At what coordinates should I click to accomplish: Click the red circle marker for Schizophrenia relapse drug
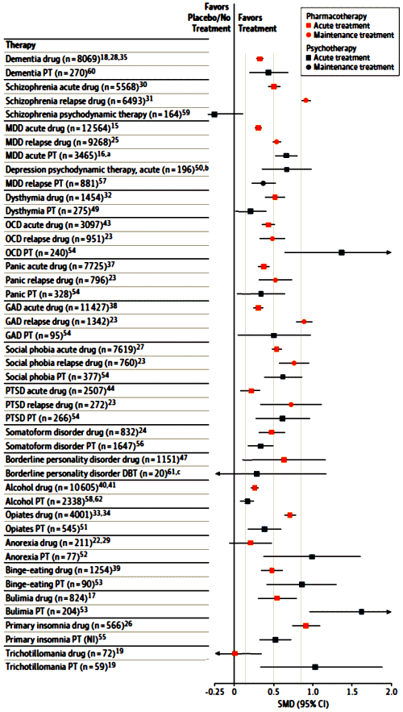click(306, 100)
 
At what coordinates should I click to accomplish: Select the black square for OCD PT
click(342, 252)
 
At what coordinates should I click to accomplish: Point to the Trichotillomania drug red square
click(235, 653)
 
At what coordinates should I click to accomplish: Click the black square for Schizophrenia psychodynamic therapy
click(214, 115)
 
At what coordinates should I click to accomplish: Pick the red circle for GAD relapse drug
click(304, 322)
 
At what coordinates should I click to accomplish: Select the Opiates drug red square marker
click(289, 515)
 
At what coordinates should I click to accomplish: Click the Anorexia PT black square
click(312, 556)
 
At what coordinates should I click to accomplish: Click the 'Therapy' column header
click(21, 45)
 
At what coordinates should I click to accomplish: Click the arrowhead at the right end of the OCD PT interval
click(389, 252)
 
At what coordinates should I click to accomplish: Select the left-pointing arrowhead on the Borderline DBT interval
click(218, 473)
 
